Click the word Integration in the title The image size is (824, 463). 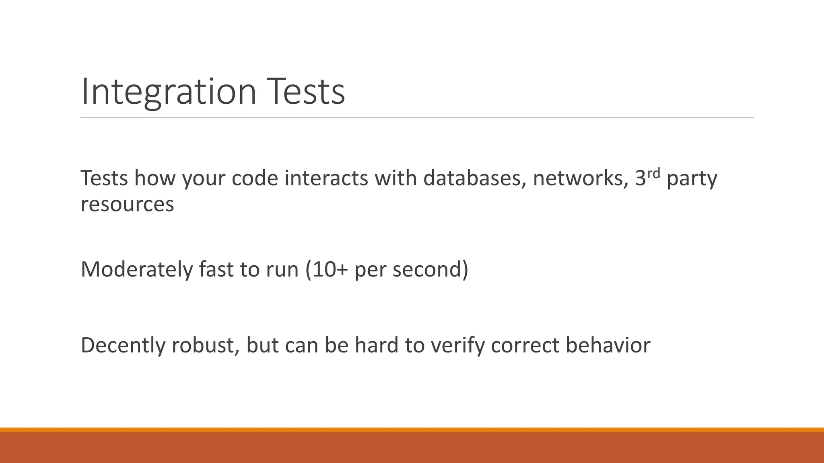169,92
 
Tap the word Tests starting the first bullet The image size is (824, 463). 104,178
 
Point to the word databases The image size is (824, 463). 474,178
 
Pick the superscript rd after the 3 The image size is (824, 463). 654,174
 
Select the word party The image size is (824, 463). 692,179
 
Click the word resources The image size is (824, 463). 127,204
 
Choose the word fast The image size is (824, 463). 216,269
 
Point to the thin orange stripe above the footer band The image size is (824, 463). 412,430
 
